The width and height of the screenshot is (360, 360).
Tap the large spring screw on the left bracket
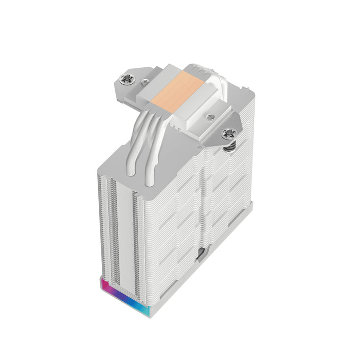[x=125, y=79]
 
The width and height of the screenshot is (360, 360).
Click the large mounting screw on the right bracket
[x=228, y=134]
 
